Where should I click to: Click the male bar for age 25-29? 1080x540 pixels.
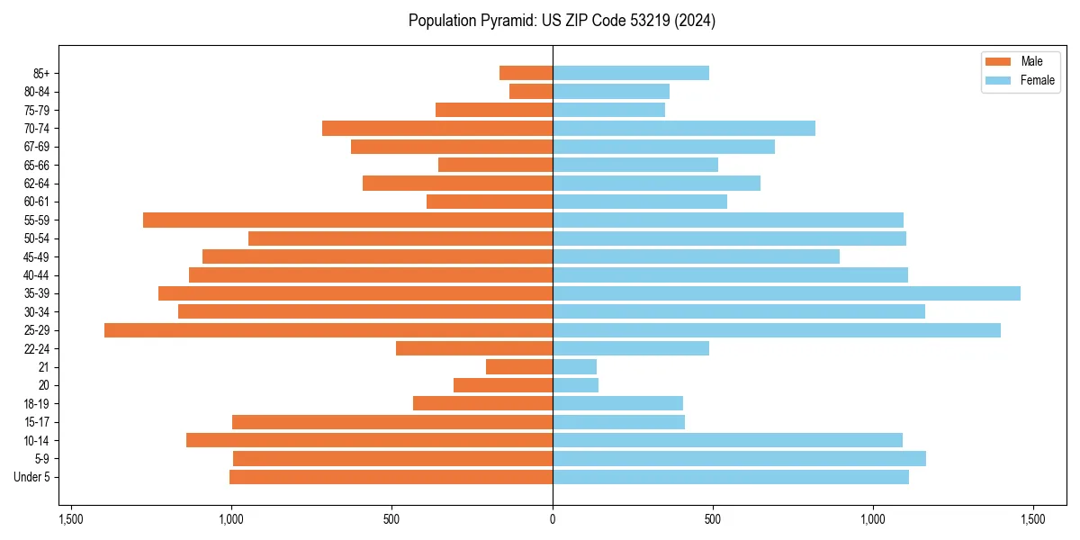coord(328,330)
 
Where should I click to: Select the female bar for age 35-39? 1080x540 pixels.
coord(787,293)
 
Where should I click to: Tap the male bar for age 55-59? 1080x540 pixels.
coord(347,220)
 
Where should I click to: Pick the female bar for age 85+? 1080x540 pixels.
coord(631,73)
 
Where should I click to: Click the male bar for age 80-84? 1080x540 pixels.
coord(531,92)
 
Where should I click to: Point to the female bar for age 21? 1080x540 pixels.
coord(575,367)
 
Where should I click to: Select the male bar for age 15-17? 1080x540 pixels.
coord(392,422)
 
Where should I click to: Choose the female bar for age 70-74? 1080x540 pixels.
coord(684,129)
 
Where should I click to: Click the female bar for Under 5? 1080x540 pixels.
coord(731,477)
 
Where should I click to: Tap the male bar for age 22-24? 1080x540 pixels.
coord(474,348)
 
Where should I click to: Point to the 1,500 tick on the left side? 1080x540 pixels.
coord(70,519)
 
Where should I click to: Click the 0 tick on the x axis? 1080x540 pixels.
coord(553,519)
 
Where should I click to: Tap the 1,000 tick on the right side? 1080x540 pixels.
coord(873,519)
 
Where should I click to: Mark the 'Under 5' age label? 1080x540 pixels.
coord(31,477)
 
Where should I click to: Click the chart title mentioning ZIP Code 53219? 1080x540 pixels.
coord(562,21)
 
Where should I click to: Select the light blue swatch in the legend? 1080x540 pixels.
coord(999,80)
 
